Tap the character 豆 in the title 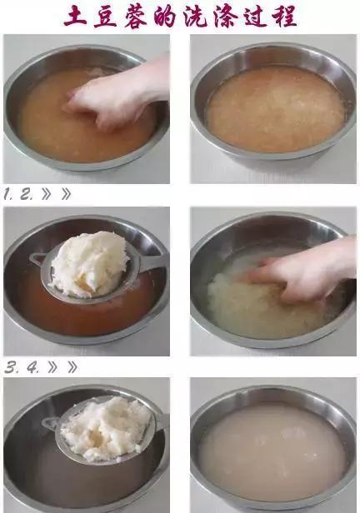106,17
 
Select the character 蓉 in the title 136,17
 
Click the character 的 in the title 165,17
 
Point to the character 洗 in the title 195,17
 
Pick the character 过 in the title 255,17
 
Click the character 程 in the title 284,17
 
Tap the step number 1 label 7,195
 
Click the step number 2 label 26,195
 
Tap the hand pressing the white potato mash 301,271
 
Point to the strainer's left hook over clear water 50,423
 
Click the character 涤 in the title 225,17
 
